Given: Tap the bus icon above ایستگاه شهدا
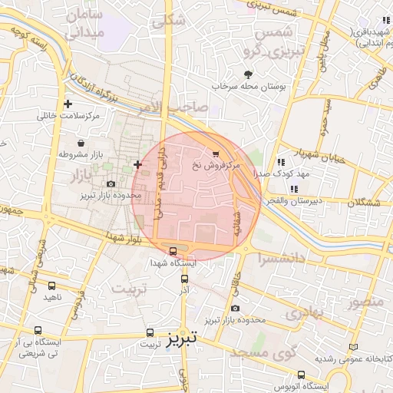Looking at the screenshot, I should coord(173,250).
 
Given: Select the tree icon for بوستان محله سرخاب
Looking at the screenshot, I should coord(248,74).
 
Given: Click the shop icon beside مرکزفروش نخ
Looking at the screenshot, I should coord(215,153).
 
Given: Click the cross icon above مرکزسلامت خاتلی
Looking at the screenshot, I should coord(69,104).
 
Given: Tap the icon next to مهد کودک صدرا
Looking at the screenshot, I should coord(282,162).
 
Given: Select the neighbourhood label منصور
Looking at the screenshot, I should coord(365,302).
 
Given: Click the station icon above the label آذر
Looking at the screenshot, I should coord(184,279).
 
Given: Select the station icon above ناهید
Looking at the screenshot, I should coord(51,284).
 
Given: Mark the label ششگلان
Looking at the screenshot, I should coord(365,203).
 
